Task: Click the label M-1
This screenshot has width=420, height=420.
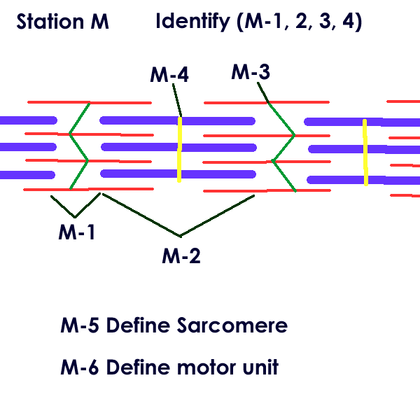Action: (x=76, y=231)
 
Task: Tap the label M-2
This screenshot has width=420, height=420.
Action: (x=181, y=255)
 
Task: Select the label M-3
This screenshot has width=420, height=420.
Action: (x=251, y=71)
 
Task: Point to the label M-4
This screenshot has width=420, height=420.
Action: (x=169, y=74)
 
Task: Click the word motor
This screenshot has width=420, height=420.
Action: (x=211, y=367)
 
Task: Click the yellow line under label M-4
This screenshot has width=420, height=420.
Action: (x=180, y=148)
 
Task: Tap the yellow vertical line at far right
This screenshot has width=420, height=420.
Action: (x=365, y=152)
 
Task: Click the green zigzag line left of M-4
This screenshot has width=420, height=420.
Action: (x=79, y=146)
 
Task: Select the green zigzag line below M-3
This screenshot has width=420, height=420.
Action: (x=281, y=147)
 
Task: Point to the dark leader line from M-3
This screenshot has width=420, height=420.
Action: (x=263, y=92)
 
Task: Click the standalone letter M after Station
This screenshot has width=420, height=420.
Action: (x=100, y=22)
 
